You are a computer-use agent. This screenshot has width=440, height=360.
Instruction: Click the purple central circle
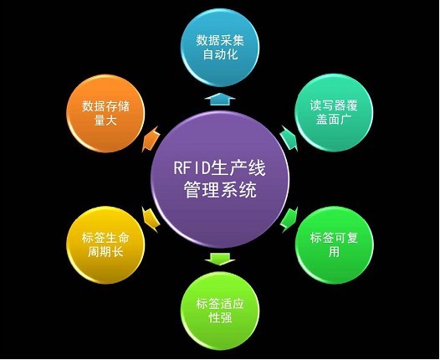(x=220, y=179)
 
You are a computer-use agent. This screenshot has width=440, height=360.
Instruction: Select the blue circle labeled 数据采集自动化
(x=220, y=48)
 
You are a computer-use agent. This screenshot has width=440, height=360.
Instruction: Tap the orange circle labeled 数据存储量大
(x=105, y=114)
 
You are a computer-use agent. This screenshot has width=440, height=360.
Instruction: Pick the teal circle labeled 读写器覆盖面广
(x=334, y=113)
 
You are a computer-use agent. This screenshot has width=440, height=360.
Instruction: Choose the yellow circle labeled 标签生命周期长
(x=105, y=245)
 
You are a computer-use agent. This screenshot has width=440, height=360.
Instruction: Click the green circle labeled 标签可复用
(x=335, y=245)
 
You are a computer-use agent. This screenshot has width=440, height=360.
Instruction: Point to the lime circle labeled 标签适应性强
(x=220, y=311)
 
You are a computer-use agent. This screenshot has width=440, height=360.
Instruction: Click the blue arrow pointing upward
(x=220, y=99)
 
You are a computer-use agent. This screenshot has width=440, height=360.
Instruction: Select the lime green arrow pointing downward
(x=220, y=259)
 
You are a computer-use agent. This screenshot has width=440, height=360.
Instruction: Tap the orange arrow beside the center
(x=151, y=139)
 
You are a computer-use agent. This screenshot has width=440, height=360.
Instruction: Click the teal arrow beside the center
(x=289, y=138)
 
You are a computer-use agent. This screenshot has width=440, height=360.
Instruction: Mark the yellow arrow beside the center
(x=151, y=220)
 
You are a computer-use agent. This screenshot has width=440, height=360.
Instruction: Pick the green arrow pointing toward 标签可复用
(x=289, y=220)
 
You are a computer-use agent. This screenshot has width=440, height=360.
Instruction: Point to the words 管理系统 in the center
(x=220, y=190)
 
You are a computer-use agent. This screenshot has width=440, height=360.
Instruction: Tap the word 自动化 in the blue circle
(x=220, y=54)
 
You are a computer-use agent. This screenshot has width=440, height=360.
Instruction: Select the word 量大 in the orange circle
(x=105, y=121)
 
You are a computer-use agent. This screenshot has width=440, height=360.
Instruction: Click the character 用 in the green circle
(x=334, y=252)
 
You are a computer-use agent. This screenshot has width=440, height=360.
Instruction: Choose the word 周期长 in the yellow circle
(x=105, y=252)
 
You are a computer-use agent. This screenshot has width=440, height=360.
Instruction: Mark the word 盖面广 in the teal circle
(x=334, y=120)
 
